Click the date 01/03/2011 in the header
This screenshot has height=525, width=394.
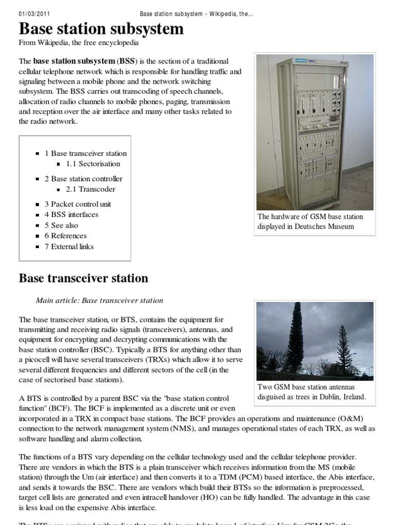(x=34, y=13)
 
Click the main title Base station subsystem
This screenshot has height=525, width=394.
(x=101, y=29)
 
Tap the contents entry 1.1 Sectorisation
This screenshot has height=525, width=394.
(x=93, y=164)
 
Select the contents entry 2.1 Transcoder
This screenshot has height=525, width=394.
(x=90, y=189)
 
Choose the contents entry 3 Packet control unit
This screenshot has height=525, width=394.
(x=77, y=204)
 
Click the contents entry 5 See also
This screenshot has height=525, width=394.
(x=62, y=225)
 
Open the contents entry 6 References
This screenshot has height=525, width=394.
(x=65, y=236)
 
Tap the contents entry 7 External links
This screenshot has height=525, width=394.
(x=69, y=247)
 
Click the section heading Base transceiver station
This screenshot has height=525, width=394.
(x=84, y=278)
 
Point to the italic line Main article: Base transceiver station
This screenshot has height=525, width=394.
(x=100, y=300)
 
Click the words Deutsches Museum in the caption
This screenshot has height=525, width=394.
(x=325, y=227)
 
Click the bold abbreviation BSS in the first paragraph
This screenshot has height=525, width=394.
(x=129, y=61)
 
